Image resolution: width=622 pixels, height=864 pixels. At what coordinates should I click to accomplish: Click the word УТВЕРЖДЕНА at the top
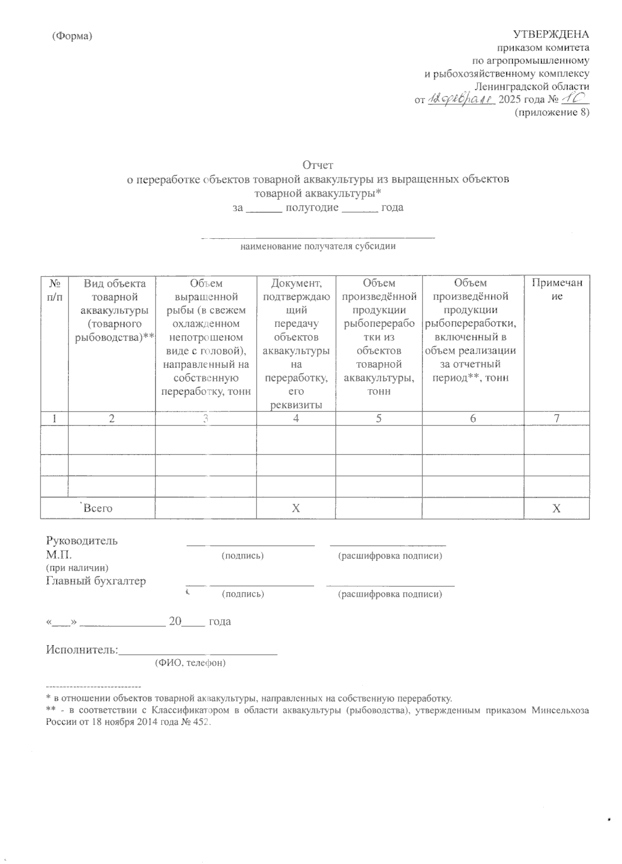point(550,35)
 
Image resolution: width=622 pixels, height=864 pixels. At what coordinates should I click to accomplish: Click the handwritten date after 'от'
point(460,99)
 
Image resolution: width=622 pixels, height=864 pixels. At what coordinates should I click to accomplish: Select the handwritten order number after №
point(575,98)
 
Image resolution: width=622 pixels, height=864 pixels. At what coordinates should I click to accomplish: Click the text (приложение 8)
point(552,112)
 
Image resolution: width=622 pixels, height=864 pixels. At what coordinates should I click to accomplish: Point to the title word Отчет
point(318,165)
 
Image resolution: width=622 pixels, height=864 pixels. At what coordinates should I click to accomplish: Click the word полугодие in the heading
point(313,208)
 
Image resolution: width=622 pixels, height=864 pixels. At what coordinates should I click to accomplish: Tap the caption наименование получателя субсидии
point(318,246)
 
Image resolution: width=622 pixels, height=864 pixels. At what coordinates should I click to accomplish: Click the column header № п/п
point(54,290)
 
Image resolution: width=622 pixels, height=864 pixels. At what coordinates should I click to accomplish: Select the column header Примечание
point(556,290)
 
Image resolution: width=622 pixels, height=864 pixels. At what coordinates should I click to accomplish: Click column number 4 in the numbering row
point(295,419)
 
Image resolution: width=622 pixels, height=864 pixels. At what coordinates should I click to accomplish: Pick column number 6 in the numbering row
point(473,419)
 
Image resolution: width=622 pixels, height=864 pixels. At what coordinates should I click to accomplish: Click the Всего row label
point(98,509)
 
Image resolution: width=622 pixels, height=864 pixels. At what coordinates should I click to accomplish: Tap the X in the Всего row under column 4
point(295,509)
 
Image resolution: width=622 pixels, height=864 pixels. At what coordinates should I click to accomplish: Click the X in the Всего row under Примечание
point(556,509)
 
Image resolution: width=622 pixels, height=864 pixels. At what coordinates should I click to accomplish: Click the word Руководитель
point(82,541)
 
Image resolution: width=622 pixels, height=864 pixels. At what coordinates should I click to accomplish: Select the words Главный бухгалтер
point(96,581)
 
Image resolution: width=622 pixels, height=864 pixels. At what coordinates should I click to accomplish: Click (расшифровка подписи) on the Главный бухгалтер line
point(390,594)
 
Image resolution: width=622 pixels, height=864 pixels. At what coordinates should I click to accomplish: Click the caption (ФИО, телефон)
point(190,663)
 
